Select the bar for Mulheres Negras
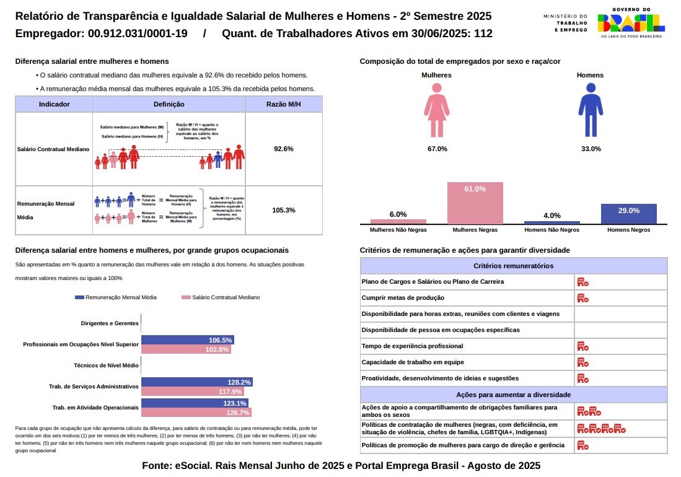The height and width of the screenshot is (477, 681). coord(475,203)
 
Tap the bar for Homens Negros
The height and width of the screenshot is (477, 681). coord(628,214)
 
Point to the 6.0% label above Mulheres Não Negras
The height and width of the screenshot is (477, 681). coord(398,214)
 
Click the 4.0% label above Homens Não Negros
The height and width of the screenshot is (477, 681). coord(551,216)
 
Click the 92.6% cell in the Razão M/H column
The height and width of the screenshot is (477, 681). coord(283,149)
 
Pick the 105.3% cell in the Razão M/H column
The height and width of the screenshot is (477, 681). coord(283,210)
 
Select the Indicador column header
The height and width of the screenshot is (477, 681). coord(54,104)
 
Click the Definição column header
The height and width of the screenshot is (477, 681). coord(169,104)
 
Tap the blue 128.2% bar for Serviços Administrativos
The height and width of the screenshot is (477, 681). coord(196,382)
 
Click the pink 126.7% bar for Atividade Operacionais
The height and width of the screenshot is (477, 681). coord(196,413)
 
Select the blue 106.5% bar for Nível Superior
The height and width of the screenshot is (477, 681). coord(187,340)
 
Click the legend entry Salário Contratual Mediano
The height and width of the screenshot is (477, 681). coord(221,297)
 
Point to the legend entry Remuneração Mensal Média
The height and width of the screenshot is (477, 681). coord(116,297)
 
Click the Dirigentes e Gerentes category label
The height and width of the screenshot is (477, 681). coord(110,323)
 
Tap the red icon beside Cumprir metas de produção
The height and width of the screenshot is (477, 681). coord(582,298)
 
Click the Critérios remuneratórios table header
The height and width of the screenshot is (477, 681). coord(513,266)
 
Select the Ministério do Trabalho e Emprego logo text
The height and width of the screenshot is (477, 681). coord(565,22)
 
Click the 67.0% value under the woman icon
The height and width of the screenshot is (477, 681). coord(437,149)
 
